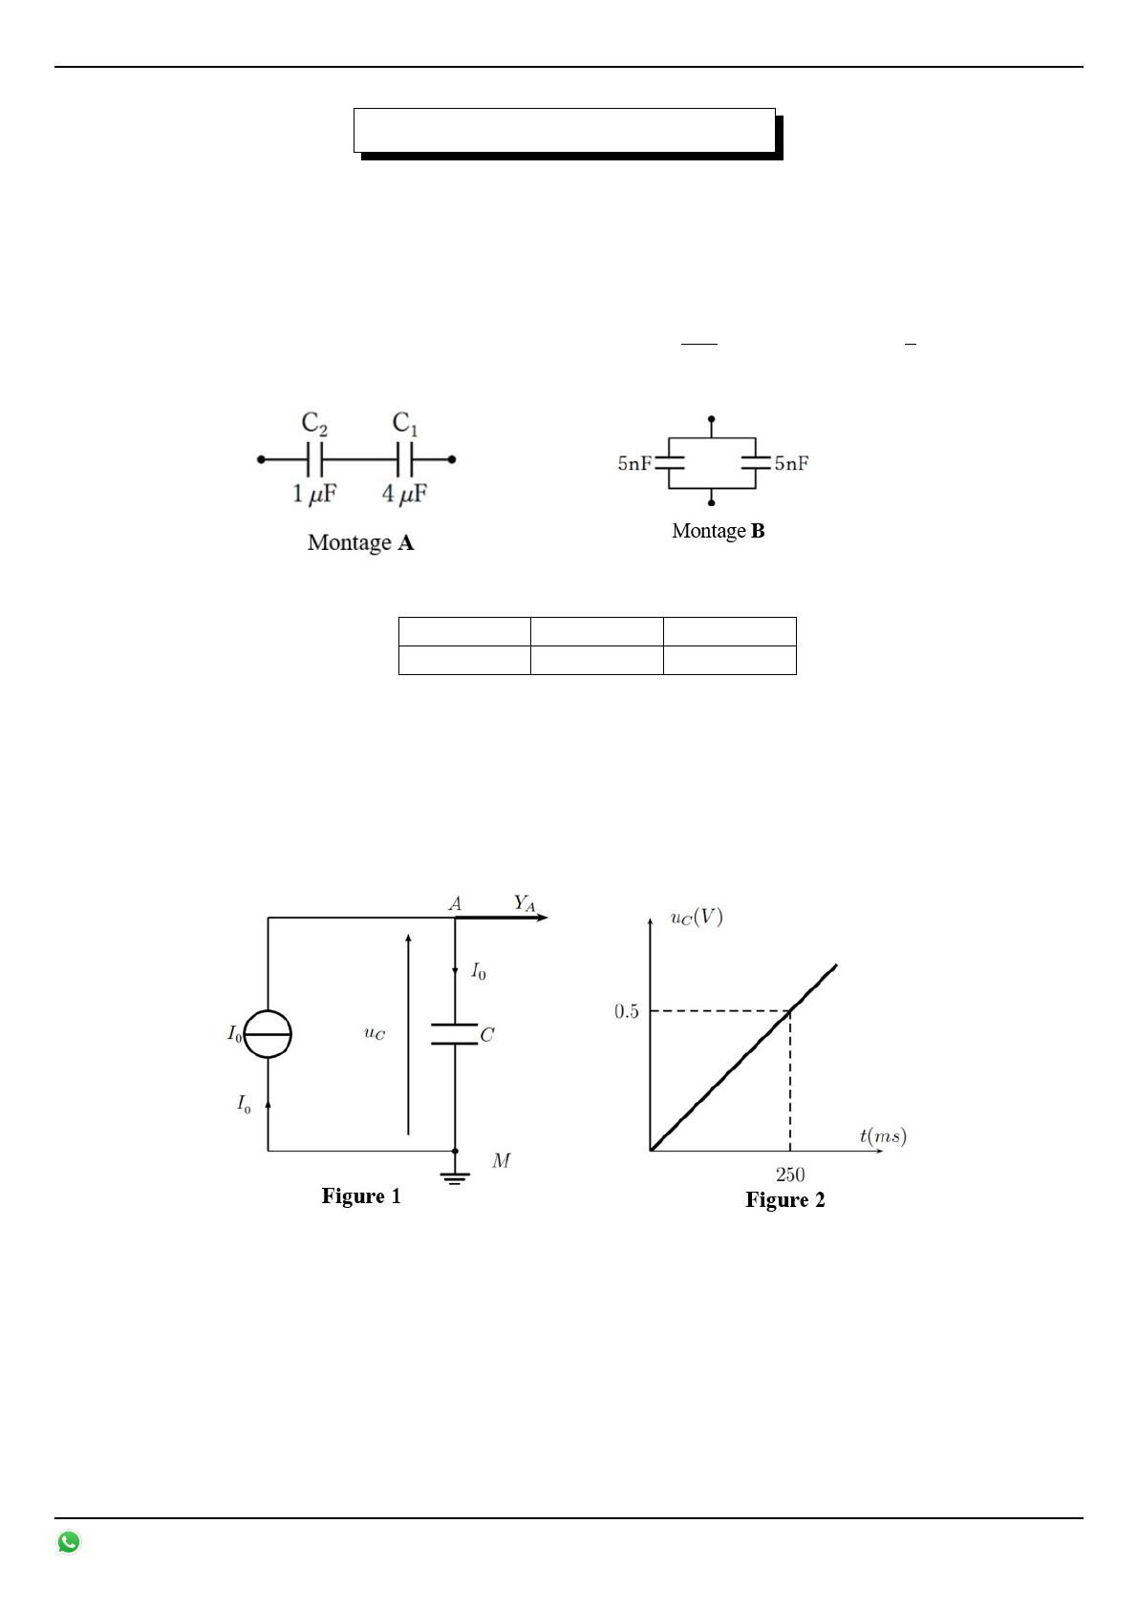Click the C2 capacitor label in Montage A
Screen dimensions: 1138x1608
314,423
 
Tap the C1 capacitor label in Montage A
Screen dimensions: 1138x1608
404,423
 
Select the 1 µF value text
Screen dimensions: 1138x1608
314,494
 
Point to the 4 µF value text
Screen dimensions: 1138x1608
404,494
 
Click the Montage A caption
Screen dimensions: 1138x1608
360,542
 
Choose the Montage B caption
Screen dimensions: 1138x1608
718,531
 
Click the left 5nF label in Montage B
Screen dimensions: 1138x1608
634,463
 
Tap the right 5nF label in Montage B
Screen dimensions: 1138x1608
791,463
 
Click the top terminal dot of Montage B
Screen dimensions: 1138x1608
711,418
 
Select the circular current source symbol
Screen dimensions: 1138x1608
268,1034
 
